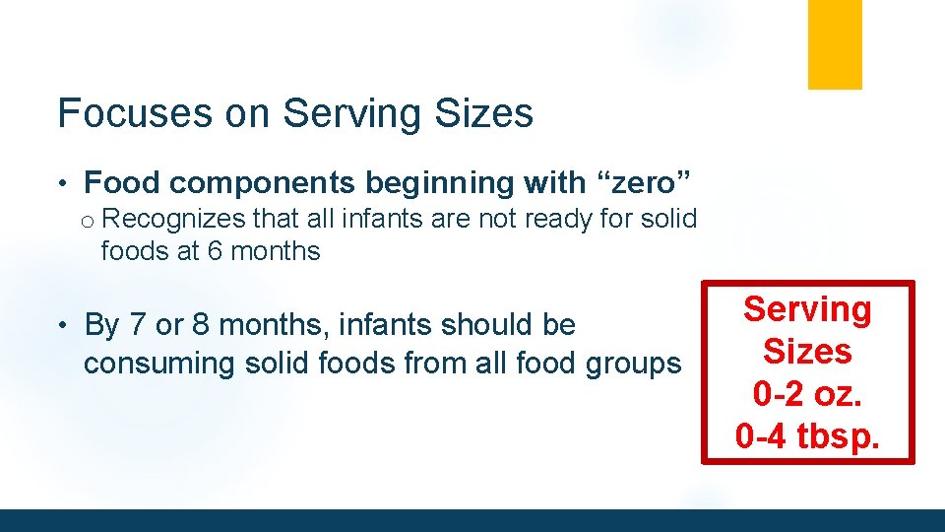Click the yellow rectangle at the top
[835, 44]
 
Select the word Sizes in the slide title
[486, 113]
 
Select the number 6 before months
[215, 251]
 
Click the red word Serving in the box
[807, 308]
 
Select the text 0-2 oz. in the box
[807, 393]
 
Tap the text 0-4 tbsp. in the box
[807, 434]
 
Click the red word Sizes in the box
[807, 351]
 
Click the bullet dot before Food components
[61, 183]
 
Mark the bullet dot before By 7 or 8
[61, 325]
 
